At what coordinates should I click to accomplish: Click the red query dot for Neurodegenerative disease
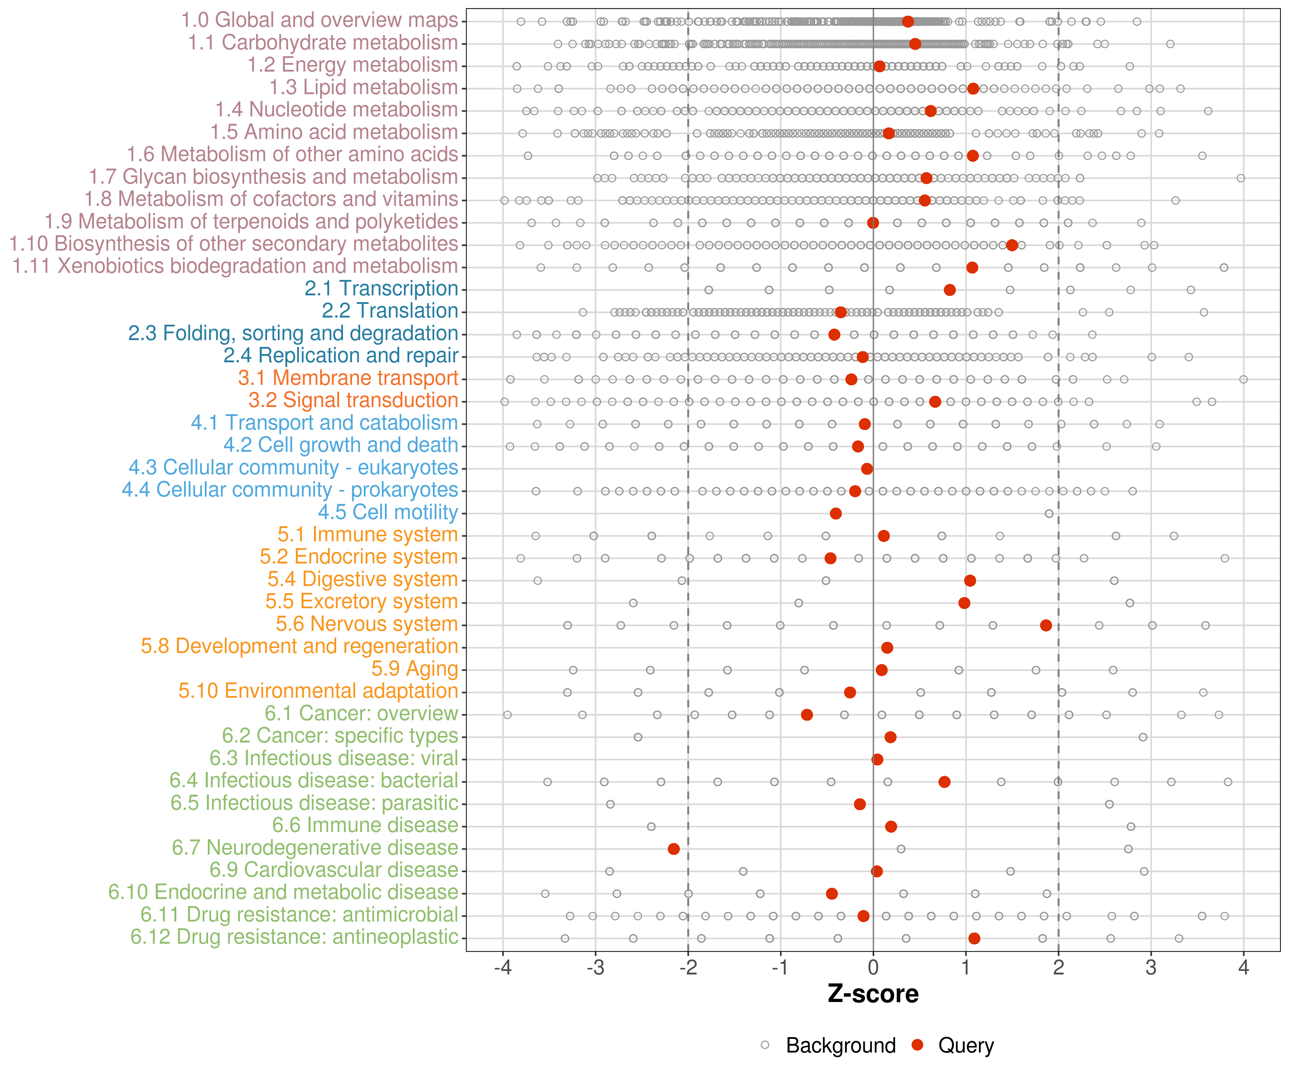pos(674,849)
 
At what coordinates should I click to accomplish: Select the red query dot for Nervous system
pos(1046,625)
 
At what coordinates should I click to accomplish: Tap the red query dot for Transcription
pos(950,290)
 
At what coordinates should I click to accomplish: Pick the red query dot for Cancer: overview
pos(807,715)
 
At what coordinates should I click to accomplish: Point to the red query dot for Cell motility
pos(835,513)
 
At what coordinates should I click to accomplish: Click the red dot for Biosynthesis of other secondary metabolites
pos(1012,245)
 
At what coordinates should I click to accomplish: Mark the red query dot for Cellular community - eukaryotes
pos(867,469)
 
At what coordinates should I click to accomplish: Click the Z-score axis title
pos(873,993)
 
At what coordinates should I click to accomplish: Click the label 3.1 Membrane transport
pos(348,378)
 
